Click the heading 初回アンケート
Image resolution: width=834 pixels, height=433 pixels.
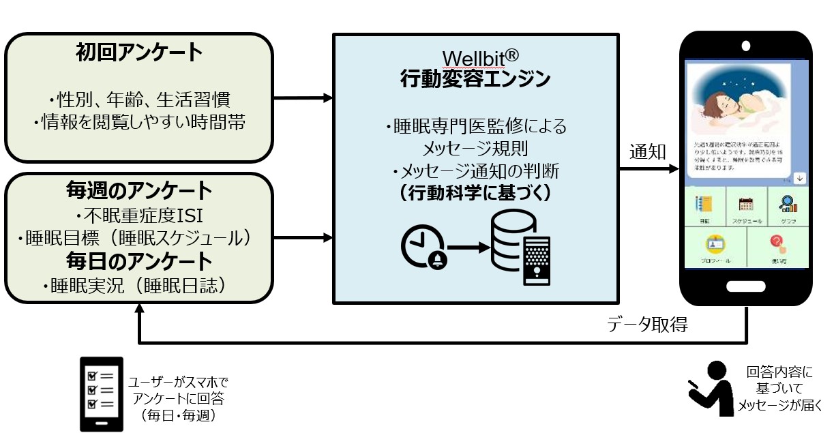[139, 53]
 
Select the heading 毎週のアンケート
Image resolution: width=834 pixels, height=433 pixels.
[139, 190]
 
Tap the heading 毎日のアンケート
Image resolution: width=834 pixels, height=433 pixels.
[139, 260]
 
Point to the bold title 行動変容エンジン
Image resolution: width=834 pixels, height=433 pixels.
[475, 79]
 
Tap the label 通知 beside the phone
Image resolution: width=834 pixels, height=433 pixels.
[647, 151]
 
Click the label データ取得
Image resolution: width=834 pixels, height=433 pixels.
[647, 325]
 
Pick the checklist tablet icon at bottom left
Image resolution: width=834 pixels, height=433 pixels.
[102, 393]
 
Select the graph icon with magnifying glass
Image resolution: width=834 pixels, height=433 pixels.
[787, 204]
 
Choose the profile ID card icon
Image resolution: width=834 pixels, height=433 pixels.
[715, 244]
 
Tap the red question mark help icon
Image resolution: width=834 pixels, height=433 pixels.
[777, 244]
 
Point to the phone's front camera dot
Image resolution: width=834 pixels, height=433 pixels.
[746, 46]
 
